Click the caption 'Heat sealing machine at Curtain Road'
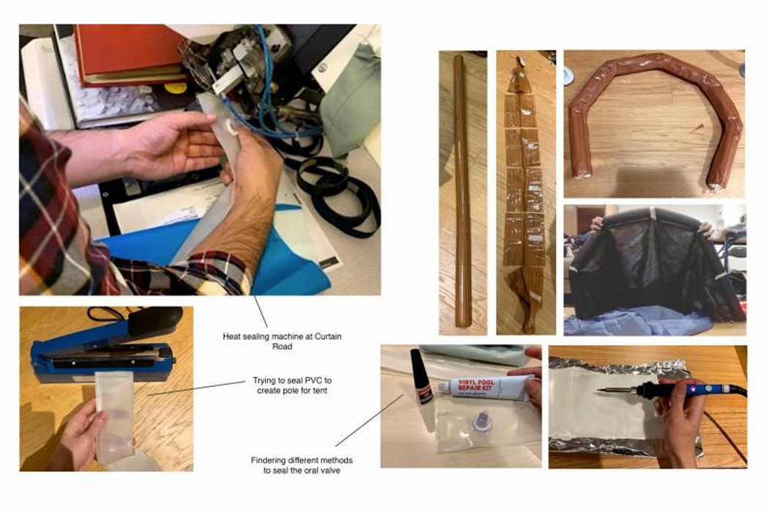pyautogui.click(x=282, y=342)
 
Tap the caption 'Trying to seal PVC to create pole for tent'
pyautogui.click(x=291, y=385)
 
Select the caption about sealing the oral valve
pyautogui.click(x=301, y=465)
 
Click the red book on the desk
pyautogui.click(x=130, y=51)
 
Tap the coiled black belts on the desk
pyautogui.click(x=338, y=191)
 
